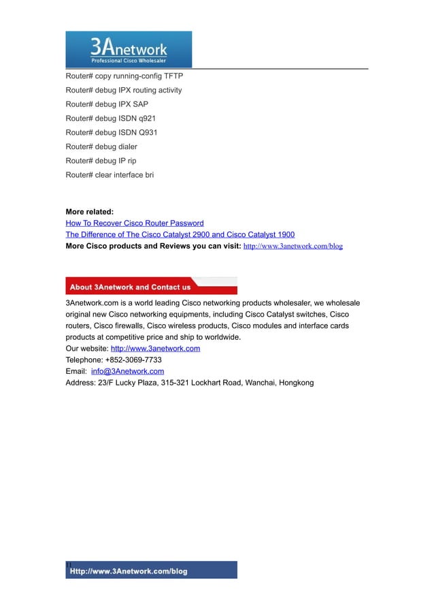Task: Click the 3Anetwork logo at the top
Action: [129, 49]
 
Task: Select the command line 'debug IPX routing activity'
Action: [124, 90]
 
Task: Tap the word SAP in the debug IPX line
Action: [140, 104]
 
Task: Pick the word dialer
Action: [126, 146]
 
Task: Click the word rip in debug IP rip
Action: [131, 161]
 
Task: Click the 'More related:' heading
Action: [89, 212]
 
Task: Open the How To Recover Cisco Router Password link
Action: [134, 223]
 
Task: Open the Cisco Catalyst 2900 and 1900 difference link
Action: [180, 234]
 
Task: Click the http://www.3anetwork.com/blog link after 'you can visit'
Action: [293, 246]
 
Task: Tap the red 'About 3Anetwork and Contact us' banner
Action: [151, 287]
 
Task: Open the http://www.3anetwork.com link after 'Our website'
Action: [155, 348]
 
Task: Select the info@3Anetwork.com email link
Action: [127, 371]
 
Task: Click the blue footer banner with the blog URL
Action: [151, 571]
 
